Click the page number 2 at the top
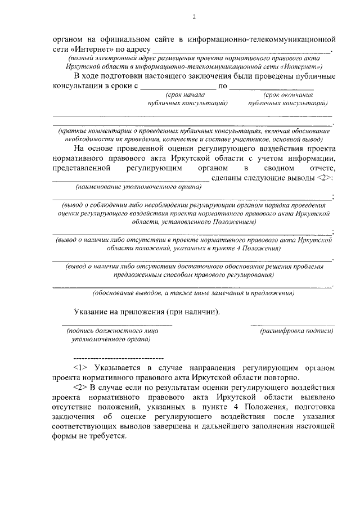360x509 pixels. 193,17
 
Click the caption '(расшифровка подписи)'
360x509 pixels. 296,331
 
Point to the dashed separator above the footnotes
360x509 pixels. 118,358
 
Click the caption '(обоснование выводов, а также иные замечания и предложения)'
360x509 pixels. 193,293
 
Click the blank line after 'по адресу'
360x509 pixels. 241,51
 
